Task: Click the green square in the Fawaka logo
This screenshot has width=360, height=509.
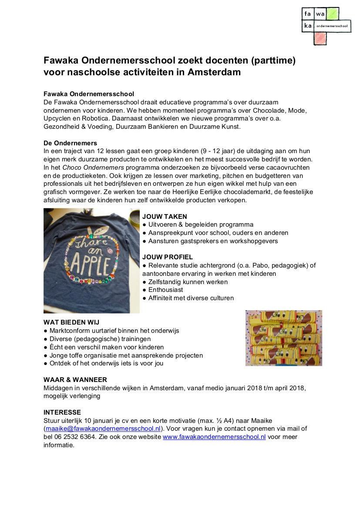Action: click(x=333, y=14)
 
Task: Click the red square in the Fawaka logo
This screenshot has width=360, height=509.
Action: click(x=320, y=38)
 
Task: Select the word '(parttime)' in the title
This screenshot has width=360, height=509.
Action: click(x=274, y=60)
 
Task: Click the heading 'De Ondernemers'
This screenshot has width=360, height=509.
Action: click(x=70, y=143)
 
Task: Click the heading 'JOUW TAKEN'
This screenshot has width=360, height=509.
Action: click(x=165, y=217)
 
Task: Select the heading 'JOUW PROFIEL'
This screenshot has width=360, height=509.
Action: click(x=167, y=257)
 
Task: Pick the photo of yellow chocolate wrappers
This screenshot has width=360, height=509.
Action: click(x=283, y=338)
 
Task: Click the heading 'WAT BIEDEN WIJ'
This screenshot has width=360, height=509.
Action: click(x=71, y=322)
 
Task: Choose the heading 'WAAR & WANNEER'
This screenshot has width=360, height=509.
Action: click(x=75, y=380)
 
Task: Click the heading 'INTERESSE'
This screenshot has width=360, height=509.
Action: click(x=62, y=412)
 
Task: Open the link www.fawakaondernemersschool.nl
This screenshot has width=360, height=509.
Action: click(x=214, y=437)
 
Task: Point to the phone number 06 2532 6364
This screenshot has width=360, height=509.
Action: click(x=74, y=437)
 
